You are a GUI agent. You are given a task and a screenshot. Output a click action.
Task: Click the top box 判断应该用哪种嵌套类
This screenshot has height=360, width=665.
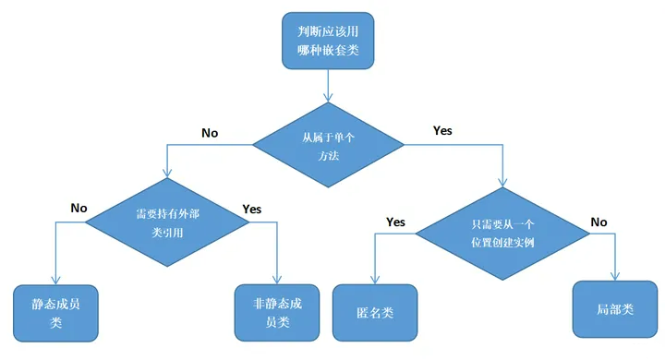click(x=328, y=41)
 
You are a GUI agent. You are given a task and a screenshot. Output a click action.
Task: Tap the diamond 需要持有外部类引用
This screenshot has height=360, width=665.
click(x=166, y=222)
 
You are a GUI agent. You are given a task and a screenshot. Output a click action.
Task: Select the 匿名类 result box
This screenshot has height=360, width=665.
click(x=375, y=311)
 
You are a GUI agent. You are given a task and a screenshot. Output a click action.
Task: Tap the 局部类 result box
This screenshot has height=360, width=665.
click(x=615, y=308)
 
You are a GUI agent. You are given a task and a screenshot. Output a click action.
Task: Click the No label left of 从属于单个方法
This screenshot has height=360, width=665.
click(x=210, y=133)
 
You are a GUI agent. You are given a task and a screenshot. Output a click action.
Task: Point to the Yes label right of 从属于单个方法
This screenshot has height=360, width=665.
click(x=442, y=130)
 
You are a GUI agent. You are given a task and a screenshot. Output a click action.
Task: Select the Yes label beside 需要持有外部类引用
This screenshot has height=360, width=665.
click(x=252, y=209)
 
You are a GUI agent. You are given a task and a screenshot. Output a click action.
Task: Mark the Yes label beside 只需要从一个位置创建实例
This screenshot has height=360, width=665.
click(x=395, y=222)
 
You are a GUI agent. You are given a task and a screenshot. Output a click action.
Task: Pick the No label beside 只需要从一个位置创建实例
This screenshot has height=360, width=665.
click(x=599, y=222)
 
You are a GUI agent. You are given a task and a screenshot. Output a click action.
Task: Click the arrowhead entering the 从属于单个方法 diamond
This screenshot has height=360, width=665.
click(x=327, y=97)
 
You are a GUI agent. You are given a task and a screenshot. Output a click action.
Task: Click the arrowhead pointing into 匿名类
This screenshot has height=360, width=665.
click(x=374, y=279)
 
